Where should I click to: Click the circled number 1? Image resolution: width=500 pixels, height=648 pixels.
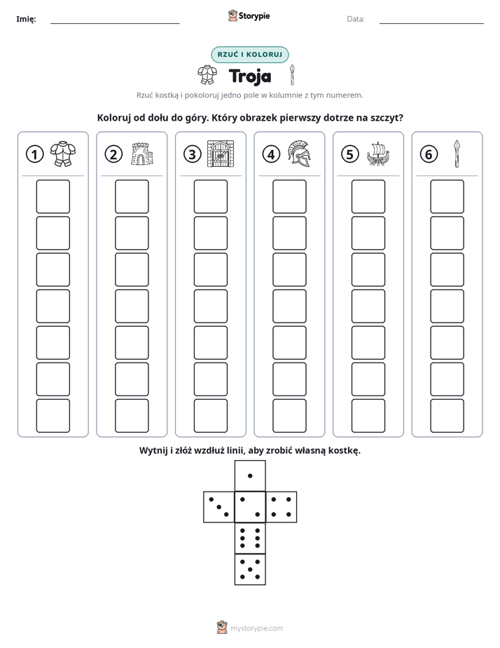[34, 154]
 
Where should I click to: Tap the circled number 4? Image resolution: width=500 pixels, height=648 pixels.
[271, 154]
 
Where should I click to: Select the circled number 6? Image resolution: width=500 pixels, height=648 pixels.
[429, 154]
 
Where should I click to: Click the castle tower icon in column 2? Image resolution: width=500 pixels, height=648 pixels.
[142, 154]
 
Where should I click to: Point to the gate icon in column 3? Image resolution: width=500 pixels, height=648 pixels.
[221, 154]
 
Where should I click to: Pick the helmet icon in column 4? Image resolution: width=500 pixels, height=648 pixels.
[300, 154]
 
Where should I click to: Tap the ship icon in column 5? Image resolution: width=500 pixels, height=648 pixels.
[378, 154]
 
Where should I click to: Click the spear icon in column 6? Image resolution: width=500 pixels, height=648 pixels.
[457, 154]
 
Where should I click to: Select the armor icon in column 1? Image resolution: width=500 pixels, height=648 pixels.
[63, 154]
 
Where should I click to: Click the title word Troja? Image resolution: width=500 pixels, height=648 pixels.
[250, 76]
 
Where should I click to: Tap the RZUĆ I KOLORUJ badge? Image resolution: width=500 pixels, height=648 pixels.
[250, 55]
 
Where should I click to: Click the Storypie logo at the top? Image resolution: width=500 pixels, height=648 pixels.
[249, 15]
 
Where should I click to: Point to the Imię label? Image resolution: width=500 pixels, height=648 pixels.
[26, 19]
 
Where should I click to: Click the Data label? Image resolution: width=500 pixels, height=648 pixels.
[356, 19]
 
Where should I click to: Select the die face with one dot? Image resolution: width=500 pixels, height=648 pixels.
[250, 475]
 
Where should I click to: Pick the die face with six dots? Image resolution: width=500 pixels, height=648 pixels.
[250, 538]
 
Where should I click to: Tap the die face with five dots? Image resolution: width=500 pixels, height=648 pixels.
[250, 569]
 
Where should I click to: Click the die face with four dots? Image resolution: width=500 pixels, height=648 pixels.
[282, 507]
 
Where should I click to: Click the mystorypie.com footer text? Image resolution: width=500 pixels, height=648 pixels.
[256, 628]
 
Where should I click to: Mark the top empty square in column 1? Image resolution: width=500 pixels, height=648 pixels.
[53, 196]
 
